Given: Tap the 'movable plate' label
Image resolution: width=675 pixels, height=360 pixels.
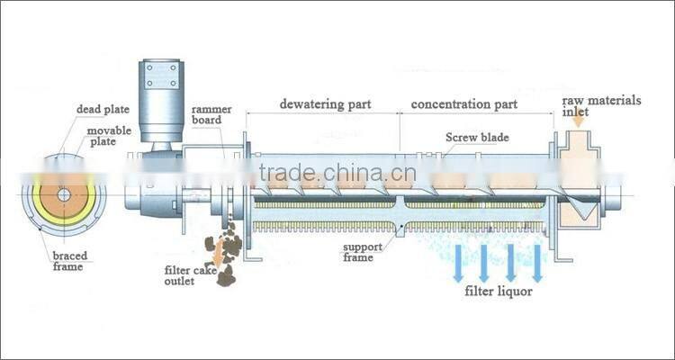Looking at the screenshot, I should [107, 138].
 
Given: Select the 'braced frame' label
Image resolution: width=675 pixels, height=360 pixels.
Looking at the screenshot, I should [69, 260].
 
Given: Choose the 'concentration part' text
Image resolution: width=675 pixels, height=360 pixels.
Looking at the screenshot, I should [464, 103].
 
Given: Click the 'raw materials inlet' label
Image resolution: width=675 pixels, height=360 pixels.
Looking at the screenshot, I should [602, 107].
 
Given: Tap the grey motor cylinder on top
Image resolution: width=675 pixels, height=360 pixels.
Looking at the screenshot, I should [162, 94].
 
